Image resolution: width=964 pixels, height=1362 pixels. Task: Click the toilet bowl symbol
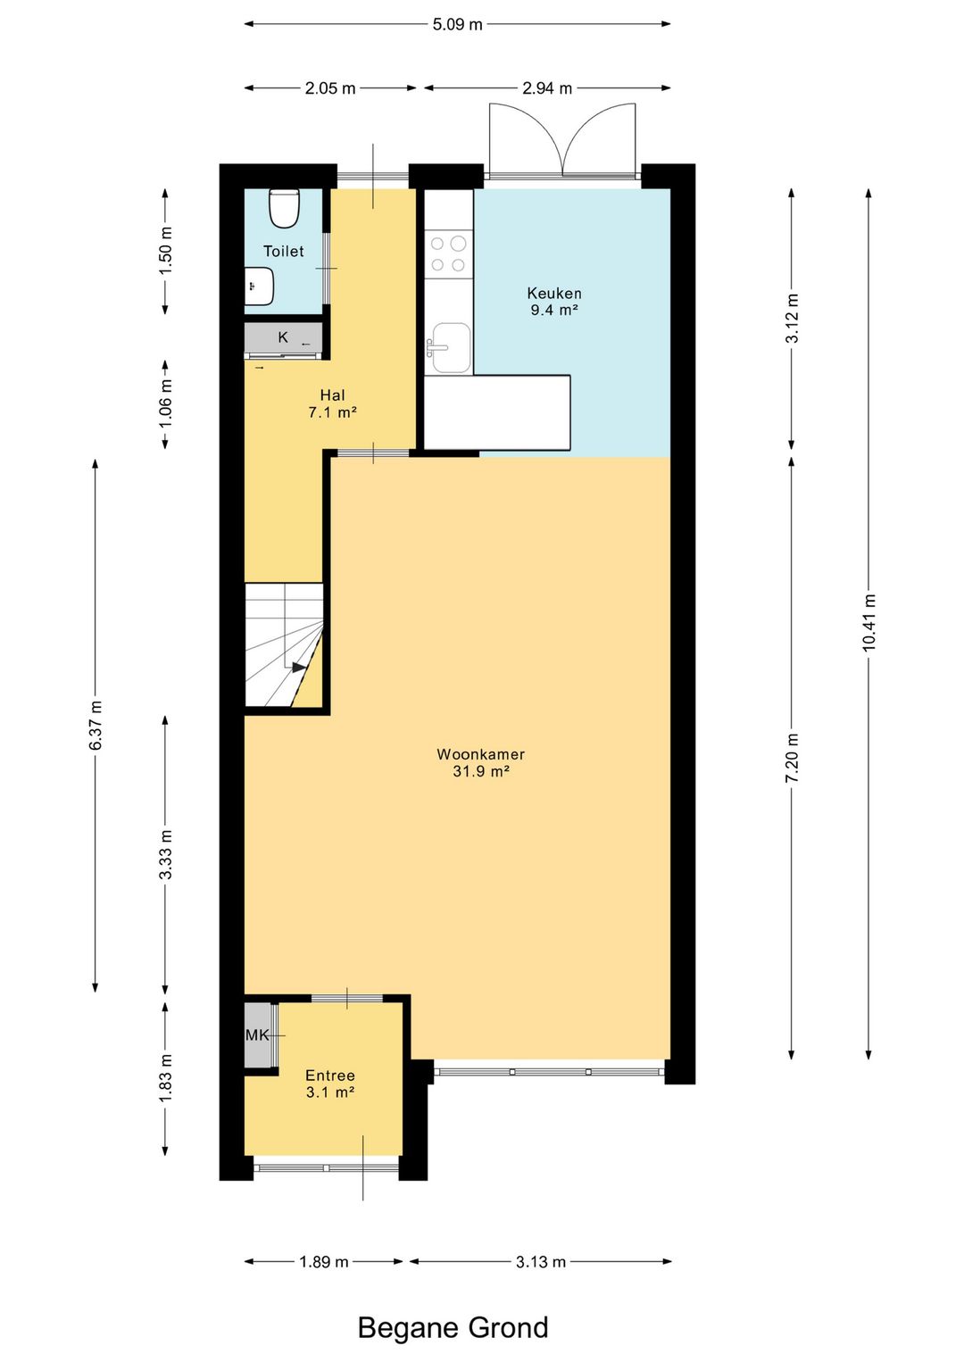point(284,209)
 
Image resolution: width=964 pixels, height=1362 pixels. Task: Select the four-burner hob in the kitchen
point(448,254)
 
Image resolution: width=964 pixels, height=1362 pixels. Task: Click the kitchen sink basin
point(451,347)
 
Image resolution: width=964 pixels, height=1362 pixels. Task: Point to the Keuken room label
point(554,293)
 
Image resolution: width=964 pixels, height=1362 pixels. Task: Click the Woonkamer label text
point(480,754)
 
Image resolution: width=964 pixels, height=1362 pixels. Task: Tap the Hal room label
point(333,395)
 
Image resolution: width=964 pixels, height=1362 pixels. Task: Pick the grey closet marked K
point(284,337)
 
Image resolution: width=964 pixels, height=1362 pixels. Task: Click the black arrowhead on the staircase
point(299,667)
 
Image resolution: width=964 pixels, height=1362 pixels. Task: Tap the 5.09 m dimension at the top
point(457,24)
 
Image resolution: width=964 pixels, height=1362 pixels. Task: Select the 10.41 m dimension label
point(868,622)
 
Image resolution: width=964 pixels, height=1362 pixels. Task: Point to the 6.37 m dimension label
point(96,726)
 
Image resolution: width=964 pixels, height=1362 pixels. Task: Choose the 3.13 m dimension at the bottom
point(541,1262)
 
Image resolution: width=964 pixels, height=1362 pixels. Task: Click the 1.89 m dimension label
point(323,1262)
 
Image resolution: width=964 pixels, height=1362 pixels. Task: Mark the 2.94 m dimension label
point(547,88)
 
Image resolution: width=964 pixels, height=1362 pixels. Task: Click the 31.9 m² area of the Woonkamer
point(480,772)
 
